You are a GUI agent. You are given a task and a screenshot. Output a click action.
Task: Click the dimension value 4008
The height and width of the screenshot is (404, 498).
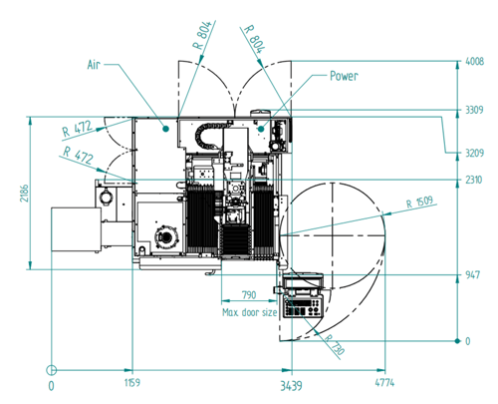[x=475, y=62]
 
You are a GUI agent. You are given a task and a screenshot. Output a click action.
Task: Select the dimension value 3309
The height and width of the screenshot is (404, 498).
[x=474, y=110]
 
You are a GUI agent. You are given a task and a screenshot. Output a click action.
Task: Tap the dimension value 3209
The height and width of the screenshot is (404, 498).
[x=474, y=153]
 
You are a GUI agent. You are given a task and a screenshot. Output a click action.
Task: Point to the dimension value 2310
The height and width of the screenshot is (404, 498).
[x=473, y=180]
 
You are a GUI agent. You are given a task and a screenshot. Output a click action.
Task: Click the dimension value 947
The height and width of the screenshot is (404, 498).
[x=472, y=275]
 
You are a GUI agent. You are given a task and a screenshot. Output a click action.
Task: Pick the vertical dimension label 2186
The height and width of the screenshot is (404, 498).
[x=24, y=193]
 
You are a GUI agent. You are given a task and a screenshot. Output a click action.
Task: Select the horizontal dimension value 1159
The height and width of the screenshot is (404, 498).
[x=132, y=383]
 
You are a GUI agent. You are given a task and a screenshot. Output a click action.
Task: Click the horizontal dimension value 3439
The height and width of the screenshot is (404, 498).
[x=291, y=386]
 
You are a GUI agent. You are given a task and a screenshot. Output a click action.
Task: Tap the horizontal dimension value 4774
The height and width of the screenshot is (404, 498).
[x=384, y=383]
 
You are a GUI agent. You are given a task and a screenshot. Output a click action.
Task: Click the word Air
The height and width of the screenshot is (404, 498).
[x=94, y=65]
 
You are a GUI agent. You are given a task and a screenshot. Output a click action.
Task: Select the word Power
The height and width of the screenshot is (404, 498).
[x=344, y=76]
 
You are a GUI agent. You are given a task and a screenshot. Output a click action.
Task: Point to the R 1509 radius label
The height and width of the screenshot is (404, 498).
[x=419, y=202]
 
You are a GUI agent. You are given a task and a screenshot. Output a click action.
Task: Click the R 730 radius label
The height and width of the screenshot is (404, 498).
[x=335, y=344]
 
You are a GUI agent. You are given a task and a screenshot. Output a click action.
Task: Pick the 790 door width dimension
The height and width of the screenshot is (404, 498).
[x=249, y=295]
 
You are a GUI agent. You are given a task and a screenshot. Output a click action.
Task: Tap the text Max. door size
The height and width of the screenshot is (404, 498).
[x=249, y=312]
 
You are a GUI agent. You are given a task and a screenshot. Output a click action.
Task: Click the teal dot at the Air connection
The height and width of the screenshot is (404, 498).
[x=166, y=129]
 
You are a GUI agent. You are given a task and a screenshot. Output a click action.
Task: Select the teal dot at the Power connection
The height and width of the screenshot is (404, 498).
[x=261, y=129]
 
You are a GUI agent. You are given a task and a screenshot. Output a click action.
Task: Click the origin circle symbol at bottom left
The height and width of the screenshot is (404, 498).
[x=51, y=370]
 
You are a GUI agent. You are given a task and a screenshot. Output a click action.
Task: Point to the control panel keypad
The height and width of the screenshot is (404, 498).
[x=303, y=306]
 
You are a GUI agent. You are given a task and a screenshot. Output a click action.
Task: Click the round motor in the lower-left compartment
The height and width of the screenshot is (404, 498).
[x=167, y=236]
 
